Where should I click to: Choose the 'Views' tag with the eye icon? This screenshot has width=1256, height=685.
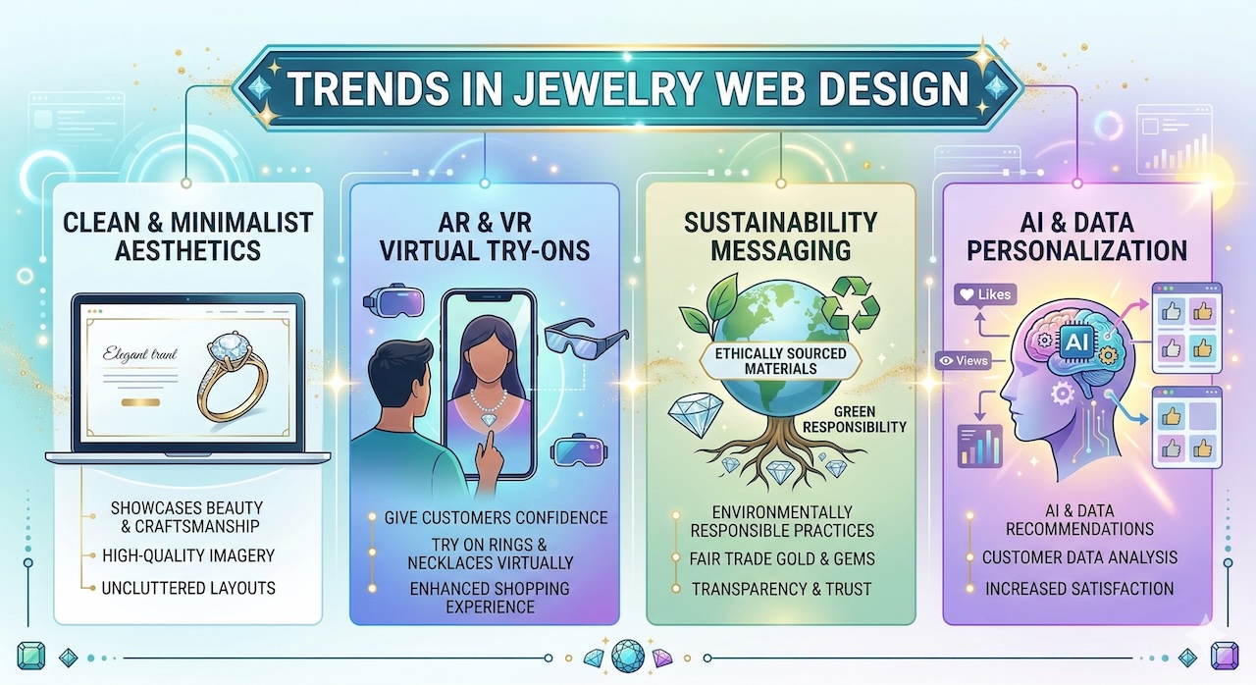[x=964, y=360]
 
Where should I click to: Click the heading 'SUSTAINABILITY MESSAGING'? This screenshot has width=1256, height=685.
[x=780, y=236]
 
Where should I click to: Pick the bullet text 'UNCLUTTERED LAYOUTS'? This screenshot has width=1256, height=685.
[x=189, y=589]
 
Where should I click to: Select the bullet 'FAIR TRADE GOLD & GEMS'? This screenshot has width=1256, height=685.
[x=782, y=559]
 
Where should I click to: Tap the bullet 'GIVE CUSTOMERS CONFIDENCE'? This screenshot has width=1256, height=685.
[x=496, y=517]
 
